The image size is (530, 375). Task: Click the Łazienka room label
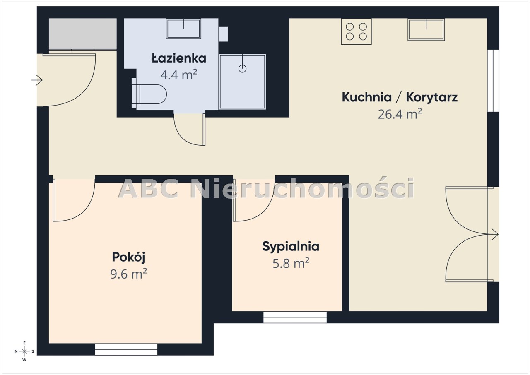[x=178, y=58]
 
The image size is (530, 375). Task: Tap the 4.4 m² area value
[x=178, y=75]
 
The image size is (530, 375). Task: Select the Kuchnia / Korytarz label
[x=400, y=97]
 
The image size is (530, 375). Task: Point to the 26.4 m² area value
[x=400, y=114]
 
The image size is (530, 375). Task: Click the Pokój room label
[x=128, y=257]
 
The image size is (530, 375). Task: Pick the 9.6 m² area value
[x=128, y=274]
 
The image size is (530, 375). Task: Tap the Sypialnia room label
[x=291, y=247]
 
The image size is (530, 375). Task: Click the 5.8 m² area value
[x=291, y=263]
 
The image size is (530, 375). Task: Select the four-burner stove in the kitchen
[x=356, y=31]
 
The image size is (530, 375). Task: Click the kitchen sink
[x=426, y=29]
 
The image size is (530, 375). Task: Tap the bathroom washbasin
[x=183, y=29]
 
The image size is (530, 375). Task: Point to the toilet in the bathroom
[x=149, y=94]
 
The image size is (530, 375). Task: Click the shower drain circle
[x=242, y=69]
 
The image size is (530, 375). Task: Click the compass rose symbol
[x=24, y=351]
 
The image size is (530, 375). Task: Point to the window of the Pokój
[x=126, y=349]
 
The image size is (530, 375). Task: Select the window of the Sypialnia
[x=295, y=317]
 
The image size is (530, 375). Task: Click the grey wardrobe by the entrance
[x=83, y=34]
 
